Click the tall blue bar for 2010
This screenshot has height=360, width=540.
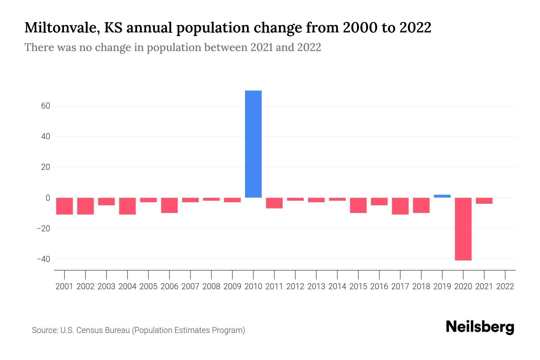coord(253,144)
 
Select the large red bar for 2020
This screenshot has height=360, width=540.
coord(463,229)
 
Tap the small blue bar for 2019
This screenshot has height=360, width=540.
coord(442,196)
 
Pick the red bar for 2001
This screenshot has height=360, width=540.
coord(64,206)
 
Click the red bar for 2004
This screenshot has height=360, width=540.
coord(127,206)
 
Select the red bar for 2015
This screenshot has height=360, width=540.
coord(358,205)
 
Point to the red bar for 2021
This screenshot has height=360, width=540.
coord(484,201)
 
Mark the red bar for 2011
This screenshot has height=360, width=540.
coord(274,203)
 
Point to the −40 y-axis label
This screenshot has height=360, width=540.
coord(43,259)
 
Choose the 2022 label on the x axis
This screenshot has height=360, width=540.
coord(505,286)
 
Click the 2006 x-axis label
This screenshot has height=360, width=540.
coord(169,286)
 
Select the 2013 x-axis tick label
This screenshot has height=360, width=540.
coord(316,286)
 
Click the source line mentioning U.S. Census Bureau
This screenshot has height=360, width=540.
coord(138,330)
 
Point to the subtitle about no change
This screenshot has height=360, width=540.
coord(172,47)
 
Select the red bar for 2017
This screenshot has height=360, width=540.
coord(400,206)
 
